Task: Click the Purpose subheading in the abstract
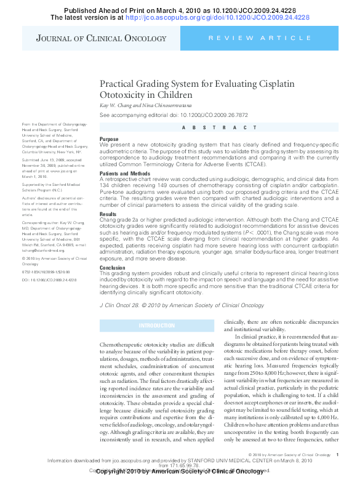click(109, 139)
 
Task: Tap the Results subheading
click(108, 214)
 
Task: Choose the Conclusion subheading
click(112, 268)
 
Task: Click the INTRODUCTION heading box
click(157, 325)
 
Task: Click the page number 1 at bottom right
click(338, 454)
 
